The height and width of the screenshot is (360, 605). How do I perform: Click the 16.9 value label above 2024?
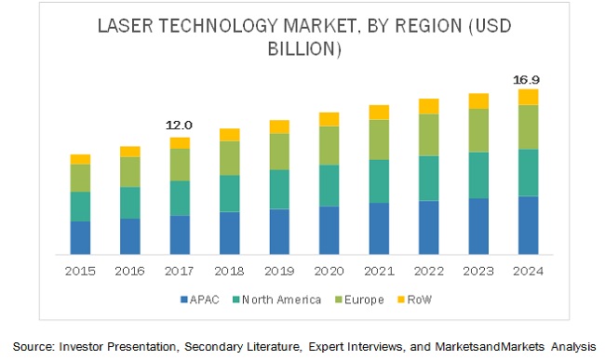[528, 80]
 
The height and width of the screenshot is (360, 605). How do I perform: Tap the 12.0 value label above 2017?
[180, 126]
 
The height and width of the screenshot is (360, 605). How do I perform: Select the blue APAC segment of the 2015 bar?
[81, 237]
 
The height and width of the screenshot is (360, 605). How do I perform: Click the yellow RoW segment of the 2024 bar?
[528, 97]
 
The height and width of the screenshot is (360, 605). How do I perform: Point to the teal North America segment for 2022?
[428, 178]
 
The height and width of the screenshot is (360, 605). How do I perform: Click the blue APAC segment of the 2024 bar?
[528, 224]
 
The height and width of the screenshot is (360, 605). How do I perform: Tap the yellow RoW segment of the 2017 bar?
[180, 142]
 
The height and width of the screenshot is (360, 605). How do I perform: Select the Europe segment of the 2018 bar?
[230, 158]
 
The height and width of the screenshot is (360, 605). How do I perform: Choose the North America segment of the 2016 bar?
[130, 202]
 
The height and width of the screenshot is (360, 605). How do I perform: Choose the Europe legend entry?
[358, 299]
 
